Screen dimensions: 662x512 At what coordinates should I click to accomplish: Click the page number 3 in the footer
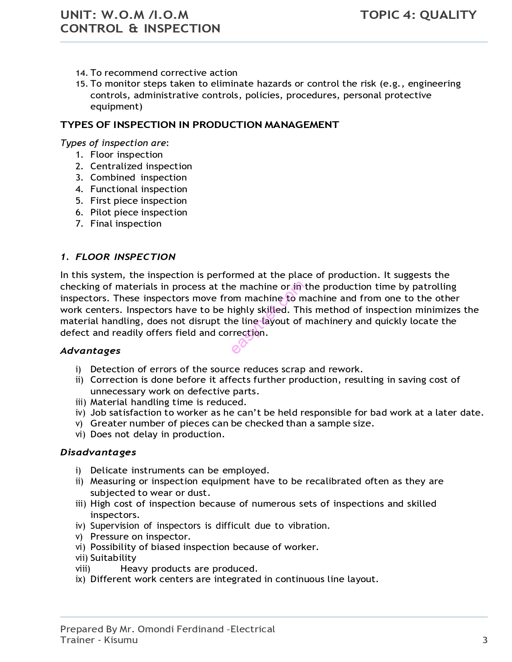point(485,640)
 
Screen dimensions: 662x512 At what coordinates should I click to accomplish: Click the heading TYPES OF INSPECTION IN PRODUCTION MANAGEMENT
point(200,125)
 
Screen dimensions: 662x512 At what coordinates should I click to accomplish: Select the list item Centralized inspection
point(141,166)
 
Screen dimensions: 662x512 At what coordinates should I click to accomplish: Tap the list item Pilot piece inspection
point(139,212)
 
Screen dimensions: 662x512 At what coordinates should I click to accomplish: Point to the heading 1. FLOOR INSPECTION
point(118,257)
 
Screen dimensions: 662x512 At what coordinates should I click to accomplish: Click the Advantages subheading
point(90,351)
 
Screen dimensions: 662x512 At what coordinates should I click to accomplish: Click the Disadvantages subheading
point(98,452)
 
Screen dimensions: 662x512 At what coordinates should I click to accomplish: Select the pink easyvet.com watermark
point(267,317)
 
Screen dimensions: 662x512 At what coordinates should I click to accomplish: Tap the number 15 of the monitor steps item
point(81,84)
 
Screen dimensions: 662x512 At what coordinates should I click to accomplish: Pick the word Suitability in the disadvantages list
point(113,558)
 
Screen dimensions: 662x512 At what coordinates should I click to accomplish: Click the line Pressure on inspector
point(140,536)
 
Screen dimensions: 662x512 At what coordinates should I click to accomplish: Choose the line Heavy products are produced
point(189,569)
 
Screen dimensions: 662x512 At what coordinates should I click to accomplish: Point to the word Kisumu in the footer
point(120,640)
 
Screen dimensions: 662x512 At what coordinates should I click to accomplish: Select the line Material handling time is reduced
point(168,402)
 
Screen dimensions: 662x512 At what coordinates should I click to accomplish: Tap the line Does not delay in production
point(157,434)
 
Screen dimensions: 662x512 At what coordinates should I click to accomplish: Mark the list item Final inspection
point(126,223)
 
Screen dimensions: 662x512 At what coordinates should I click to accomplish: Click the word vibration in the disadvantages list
point(308,526)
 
